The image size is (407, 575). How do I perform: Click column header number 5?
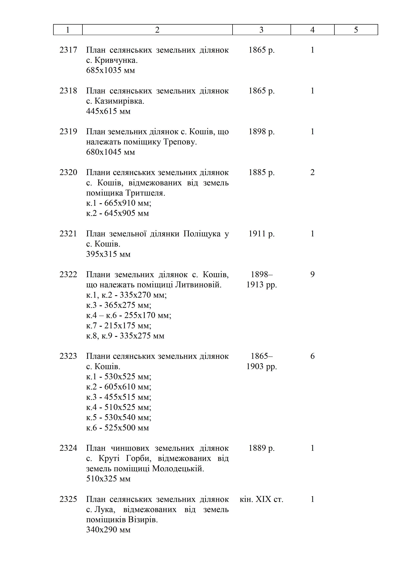(356, 30)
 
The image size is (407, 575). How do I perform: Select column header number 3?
(261, 30)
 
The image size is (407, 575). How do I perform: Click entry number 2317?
(68, 50)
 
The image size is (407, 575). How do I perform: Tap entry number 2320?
(68, 172)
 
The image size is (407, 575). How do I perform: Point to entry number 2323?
(68, 356)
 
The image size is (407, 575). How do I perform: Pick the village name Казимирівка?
(119, 101)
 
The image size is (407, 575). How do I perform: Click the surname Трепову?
(180, 142)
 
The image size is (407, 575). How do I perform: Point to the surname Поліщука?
(202, 234)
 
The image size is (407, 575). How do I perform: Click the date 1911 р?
(261, 234)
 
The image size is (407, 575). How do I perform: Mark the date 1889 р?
(261, 448)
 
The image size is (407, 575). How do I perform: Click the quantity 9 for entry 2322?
(312, 275)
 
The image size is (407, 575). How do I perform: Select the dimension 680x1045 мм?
(111, 152)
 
